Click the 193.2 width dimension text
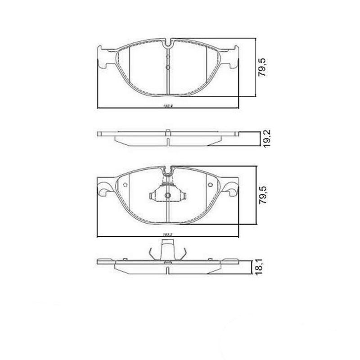pyautogui.click(x=168, y=234)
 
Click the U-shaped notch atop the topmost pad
pyautogui.click(x=167, y=45)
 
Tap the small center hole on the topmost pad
pyautogui.click(x=167, y=68)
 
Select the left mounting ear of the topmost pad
pyautogui.click(x=104, y=58)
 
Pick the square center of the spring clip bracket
pyautogui.click(x=167, y=195)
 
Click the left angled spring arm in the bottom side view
pyautogui.click(x=153, y=253)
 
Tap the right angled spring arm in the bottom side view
pyautogui.click(x=182, y=253)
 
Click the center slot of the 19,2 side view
pyautogui.click(x=167, y=141)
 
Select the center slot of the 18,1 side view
pyautogui.click(x=167, y=271)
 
